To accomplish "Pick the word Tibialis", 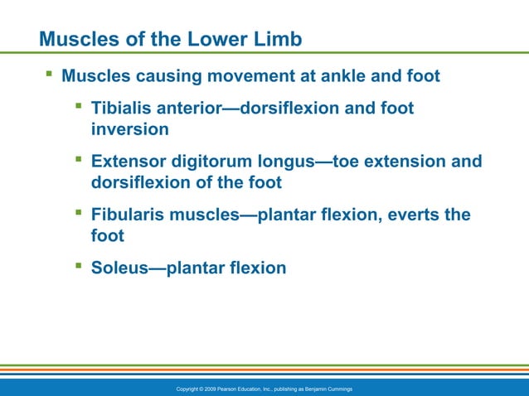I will coord(121,109).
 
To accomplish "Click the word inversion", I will coord(129,129).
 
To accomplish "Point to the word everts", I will coord(410,215).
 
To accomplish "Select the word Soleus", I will coord(117,268).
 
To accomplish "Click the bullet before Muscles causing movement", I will coord(49,75).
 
